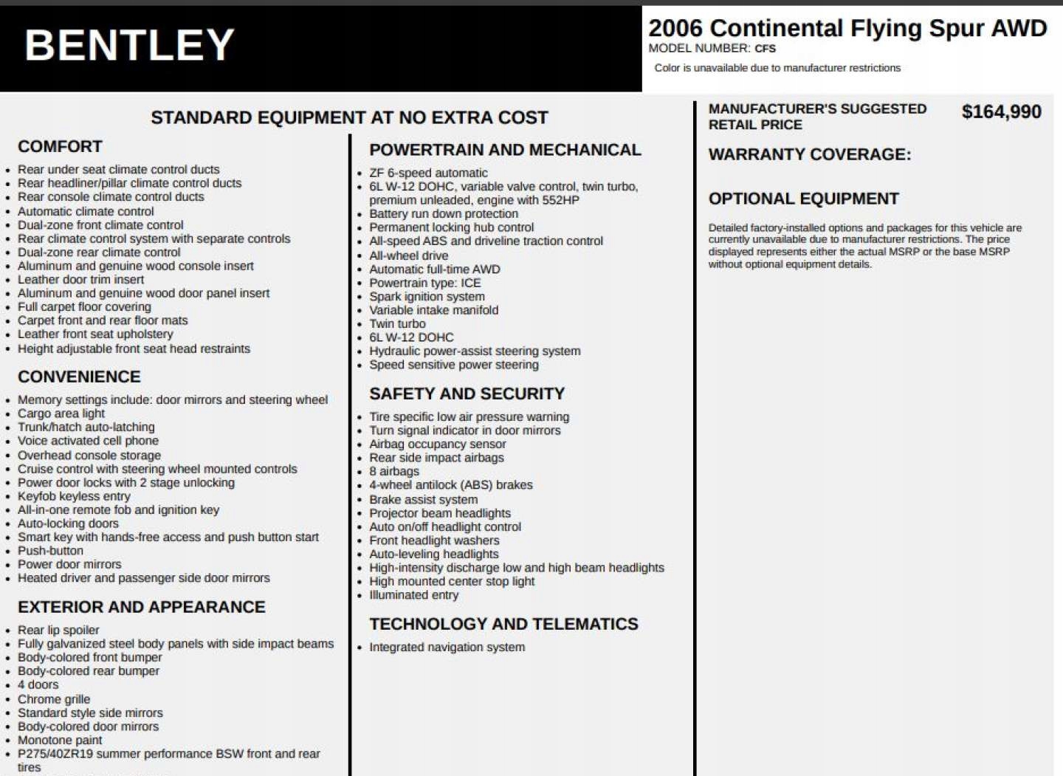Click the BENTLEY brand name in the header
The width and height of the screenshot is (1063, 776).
pyautogui.click(x=129, y=45)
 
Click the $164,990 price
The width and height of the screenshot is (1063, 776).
pyautogui.click(x=1001, y=112)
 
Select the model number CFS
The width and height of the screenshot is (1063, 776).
pyautogui.click(x=765, y=49)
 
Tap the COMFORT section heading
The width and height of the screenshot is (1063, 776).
pyautogui.click(x=60, y=146)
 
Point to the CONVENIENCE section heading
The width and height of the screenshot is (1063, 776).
pyautogui.click(x=79, y=377)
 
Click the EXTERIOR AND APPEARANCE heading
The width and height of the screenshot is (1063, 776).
pyautogui.click(x=141, y=607)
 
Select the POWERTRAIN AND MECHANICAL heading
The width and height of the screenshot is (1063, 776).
pyautogui.click(x=505, y=150)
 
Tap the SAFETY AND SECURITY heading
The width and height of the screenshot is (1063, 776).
pyautogui.click(x=467, y=394)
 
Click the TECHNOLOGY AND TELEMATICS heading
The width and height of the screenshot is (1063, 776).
pyautogui.click(x=503, y=624)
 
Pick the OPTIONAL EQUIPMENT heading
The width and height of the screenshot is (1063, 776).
pyautogui.click(x=803, y=199)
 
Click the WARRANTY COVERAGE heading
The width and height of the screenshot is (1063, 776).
pyautogui.click(x=809, y=154)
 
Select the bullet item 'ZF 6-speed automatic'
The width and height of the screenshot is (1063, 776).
pyautogui.click(x=428, y=173)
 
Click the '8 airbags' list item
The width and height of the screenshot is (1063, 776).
pyautogui.click(x=394, y=471)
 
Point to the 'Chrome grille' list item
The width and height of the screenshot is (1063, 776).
pyautogui.click(x=54, y=699)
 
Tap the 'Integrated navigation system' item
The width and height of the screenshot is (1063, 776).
pyautogui.click(x=447, y=647)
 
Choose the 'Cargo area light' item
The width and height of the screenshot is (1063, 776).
pyautogui.click(x=61, y=413)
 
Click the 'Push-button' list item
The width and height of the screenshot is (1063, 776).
pyautogui.click(x=50, y=551)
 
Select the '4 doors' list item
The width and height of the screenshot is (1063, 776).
pyautogui.click(x=38, y=684)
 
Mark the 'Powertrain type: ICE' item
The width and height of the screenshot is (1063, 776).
pyautogui.click(x=424, y=283)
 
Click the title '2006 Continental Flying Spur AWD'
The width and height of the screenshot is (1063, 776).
pyautogui.click(x=847, y=28)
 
